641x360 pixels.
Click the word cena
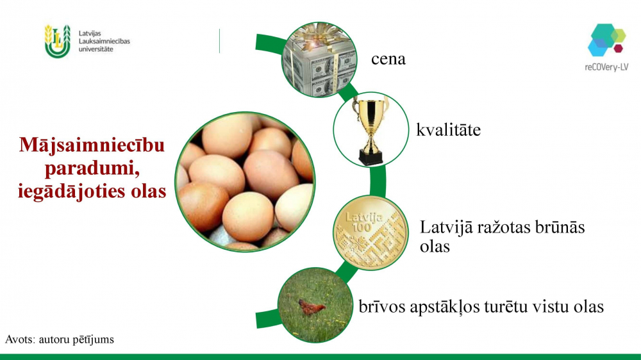point(388,60)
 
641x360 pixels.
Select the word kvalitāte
point(449,130)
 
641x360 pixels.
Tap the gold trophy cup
point(370,130)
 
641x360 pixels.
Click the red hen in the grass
point(312,307)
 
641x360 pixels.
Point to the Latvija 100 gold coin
point(370,233)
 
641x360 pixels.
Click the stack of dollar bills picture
point(319,60)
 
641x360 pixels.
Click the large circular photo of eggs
point(244,182)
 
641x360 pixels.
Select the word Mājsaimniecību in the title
point(92,145)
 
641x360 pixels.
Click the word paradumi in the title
point(92,168)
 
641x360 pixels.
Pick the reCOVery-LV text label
point(606,67)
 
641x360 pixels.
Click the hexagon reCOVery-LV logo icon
point(606,40)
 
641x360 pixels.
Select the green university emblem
point(58,41)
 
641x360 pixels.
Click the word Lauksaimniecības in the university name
point(104,41)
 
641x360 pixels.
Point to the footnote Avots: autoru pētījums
point(59,340)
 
